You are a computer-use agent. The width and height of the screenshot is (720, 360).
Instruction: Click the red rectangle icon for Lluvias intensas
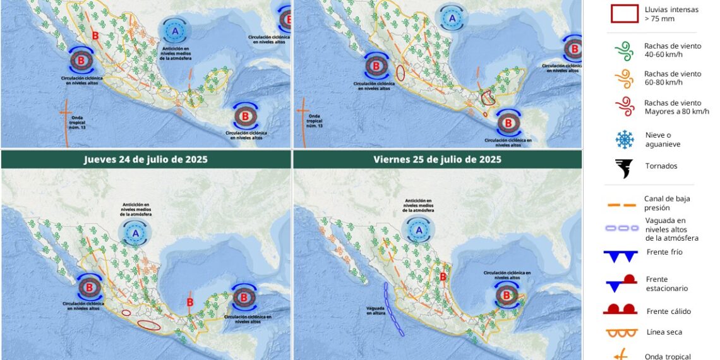[624, 14]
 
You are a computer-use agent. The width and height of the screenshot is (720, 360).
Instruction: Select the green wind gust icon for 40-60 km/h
[623, 51]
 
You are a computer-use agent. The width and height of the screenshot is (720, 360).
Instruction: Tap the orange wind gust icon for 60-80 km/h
[623, 79]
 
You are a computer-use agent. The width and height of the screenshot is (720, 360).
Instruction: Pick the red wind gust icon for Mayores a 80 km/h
[623, 107]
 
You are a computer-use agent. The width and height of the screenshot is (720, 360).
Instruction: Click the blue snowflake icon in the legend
[624, 140]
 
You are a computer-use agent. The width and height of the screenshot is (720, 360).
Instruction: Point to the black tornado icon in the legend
[624, 168]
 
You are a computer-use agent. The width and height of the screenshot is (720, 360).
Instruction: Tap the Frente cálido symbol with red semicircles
[620, 309]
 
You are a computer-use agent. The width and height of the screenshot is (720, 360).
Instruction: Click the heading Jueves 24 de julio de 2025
[146, 160]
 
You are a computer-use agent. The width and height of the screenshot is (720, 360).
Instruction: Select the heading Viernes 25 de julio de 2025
[438, 160]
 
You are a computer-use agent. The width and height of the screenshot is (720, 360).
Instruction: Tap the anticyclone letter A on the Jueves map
[135, 234]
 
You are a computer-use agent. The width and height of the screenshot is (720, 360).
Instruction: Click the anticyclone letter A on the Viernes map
[419, 231]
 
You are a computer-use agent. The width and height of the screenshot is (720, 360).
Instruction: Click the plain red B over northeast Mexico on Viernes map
[443, 277]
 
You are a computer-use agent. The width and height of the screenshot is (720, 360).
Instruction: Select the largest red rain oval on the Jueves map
[149, 325]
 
